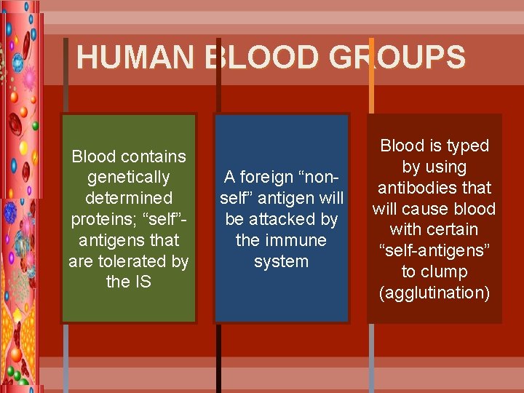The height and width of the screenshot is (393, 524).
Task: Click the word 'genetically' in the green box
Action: tap(128, 177)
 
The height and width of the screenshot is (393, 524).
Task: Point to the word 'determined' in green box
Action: tap(128, 198)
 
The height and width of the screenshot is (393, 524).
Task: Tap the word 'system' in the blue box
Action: tap(281, 261)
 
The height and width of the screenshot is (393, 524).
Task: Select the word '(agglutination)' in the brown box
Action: tap(434, 293)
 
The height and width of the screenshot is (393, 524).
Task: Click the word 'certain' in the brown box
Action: tap(460, 229)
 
